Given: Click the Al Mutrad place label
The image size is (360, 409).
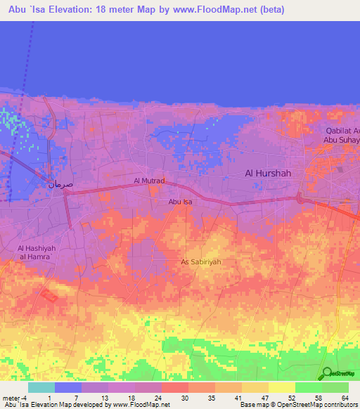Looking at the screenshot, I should coord(149,181).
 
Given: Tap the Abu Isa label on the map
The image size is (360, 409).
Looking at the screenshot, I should coord(179,202).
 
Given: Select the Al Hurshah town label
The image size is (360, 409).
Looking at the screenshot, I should coord(267,173).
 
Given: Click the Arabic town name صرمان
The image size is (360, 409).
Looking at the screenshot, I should coord(60,184).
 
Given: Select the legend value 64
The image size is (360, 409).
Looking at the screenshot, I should coord(346,398).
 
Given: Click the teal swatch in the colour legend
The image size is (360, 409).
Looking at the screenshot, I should coord(41,387).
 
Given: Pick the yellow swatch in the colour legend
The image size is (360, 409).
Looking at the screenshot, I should coord(281,387).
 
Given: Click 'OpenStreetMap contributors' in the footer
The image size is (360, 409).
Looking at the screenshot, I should coord(320,404).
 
